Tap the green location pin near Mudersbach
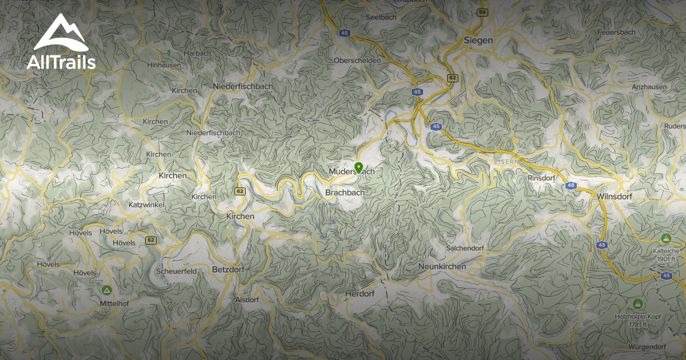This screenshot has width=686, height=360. tap(358, 167)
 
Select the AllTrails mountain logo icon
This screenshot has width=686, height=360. tap(61, 33)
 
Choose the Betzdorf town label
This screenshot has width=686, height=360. tap(228, 269)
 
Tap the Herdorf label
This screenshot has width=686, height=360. tap(360, 294)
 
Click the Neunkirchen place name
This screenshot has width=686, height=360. tap(442, 266)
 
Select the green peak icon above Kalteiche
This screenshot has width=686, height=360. tap(665, 238)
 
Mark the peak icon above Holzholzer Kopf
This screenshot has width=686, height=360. tap(637, 303)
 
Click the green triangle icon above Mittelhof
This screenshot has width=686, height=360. tap(106, 290)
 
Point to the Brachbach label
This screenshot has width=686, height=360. tap(344, 193)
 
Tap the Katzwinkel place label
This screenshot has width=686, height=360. tap(147, 205)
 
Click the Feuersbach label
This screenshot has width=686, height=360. tap(632, 32)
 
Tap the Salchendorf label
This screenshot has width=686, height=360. tap(465, 248)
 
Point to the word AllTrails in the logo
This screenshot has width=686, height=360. tap(61, 62)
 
